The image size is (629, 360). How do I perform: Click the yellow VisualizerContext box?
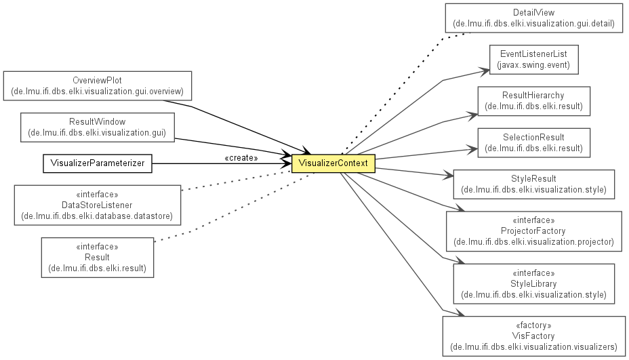tap(333, 164)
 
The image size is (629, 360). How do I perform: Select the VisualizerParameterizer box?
tap(98, 164)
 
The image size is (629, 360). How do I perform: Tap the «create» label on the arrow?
tap(241, 158)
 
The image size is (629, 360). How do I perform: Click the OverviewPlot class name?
tap(97, 80)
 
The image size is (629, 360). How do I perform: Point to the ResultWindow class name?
tap(98, 121)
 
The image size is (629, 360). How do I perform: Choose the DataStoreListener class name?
tap(97, 205)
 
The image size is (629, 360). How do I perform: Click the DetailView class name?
tap(534, 13)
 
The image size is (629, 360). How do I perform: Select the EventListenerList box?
tap(534, 60)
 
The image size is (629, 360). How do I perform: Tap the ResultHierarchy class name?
tap(533, 96)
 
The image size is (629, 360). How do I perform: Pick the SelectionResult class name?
tap(534, 137)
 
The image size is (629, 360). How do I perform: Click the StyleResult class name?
tap(533, 178)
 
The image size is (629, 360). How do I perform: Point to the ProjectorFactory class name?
tap(533, 231)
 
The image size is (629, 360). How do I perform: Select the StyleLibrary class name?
tap(533, 284)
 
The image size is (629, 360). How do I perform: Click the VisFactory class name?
tap(533, 336)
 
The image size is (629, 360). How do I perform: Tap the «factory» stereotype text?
tap(533, 325)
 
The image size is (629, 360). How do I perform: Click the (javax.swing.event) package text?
tap(533, 65)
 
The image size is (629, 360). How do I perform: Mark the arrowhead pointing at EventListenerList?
tap(485, 72)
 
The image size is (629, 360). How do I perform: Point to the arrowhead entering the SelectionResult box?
tap(472, 150)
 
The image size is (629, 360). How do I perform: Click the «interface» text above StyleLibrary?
tap(533, 273)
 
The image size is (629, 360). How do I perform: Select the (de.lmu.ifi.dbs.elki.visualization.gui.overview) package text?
tap(98, 92)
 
